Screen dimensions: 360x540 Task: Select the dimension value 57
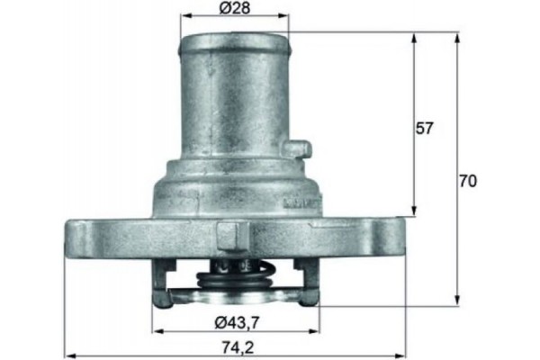coord(425,129)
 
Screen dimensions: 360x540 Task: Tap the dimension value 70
coord(467,180)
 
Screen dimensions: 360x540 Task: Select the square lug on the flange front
coord(230,237)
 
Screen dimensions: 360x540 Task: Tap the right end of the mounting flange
coord(398,237)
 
